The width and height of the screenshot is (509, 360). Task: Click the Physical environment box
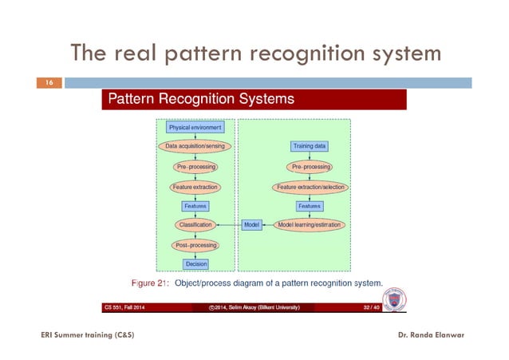pyautogui.click(x=195, y=127)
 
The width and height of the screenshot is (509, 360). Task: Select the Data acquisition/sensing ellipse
pyautogui.click(x=195, y=147)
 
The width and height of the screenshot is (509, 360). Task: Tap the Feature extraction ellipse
pyautogui.click(x=195, y=187)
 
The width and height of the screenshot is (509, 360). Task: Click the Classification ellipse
pyautogui.click(x=195, y=225)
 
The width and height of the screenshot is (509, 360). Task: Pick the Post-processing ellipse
pyautogui.click(x=195, y=245)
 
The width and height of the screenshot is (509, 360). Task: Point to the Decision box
pyautogui.click(x=195, y=264)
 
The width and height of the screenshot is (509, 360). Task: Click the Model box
pyautogui.click(x=251, y=225)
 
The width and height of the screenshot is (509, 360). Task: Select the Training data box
pyautogui.click(x=309, y=147)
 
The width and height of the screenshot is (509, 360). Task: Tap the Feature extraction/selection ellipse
pyautogui.click(x=309, y=187)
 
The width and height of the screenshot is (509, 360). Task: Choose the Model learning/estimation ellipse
pyautogui.click(x=310, y=225)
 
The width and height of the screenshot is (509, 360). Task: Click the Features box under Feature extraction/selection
pyautogui.click(x=309, y=206)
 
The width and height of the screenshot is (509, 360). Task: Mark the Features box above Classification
pyautogui.click(x=195, y=206)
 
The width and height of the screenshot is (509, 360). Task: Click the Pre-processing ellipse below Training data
pyautogui.click(x=309, y=167)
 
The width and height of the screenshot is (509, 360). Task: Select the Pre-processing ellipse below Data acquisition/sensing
pyautogui.click(x=195, y=167)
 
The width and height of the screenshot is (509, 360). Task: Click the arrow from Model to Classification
pyautogui.click(x=230, y=225)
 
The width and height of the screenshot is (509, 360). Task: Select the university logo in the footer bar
pyautogui.click(x=394, y=302)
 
